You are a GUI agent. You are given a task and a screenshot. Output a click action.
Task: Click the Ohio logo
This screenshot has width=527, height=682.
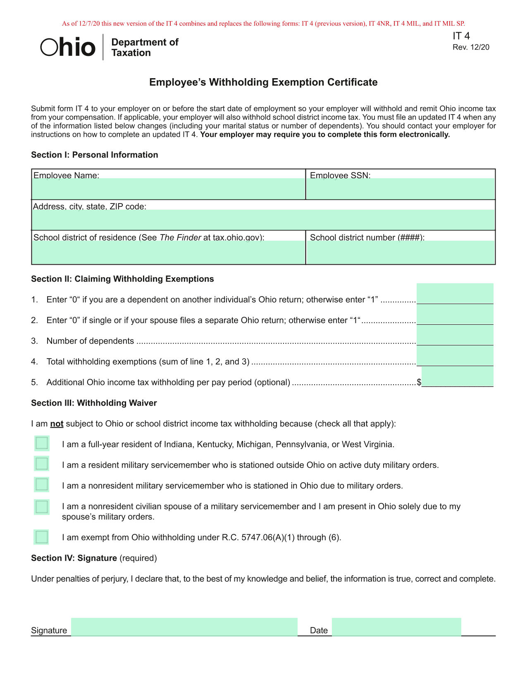click(x=68, y=47)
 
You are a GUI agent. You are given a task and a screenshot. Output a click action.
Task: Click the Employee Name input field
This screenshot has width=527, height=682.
click(x=168, y=189)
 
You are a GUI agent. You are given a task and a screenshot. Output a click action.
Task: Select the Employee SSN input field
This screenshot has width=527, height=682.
click(x=400, y=189)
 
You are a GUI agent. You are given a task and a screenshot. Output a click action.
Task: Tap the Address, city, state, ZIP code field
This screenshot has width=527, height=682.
click(x=263, y=219)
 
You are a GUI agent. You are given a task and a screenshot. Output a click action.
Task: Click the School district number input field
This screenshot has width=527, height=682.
click(x=400, y=252)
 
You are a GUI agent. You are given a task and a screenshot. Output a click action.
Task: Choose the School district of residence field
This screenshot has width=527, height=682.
click(x=168, y=252)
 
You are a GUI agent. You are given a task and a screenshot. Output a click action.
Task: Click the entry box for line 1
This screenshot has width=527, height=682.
click(x=455, y=294)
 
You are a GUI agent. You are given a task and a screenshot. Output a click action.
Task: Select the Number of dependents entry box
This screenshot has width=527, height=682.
click(x=455, y=335)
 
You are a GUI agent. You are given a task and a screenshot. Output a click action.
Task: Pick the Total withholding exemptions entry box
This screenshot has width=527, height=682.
click(x=455, y=356)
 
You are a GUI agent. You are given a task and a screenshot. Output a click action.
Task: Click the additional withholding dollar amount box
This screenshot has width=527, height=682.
click(x=457, y=376)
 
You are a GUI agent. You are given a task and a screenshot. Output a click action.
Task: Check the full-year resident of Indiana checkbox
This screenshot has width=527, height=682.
click(x=42, y=443)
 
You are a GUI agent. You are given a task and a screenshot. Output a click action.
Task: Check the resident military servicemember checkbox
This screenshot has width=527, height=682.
click(x=42, y=464)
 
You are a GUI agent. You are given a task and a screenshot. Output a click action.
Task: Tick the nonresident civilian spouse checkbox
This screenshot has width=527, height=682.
click(x=42, y=507)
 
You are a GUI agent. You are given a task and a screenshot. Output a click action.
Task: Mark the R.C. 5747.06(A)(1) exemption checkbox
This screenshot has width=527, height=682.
click(x=42, y=537)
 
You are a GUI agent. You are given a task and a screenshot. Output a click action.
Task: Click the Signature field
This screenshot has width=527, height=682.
click(x=184, y=627)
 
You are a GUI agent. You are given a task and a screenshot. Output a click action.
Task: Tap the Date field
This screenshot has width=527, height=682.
click(x=396, y=627)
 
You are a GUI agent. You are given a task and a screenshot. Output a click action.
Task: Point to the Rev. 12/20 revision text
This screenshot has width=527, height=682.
click(x=471, y=47)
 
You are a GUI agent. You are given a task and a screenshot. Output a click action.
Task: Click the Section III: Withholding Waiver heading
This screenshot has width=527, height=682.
click(x=94, y=403)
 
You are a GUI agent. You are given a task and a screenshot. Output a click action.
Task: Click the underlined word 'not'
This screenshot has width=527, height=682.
click(x=57, y=424)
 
